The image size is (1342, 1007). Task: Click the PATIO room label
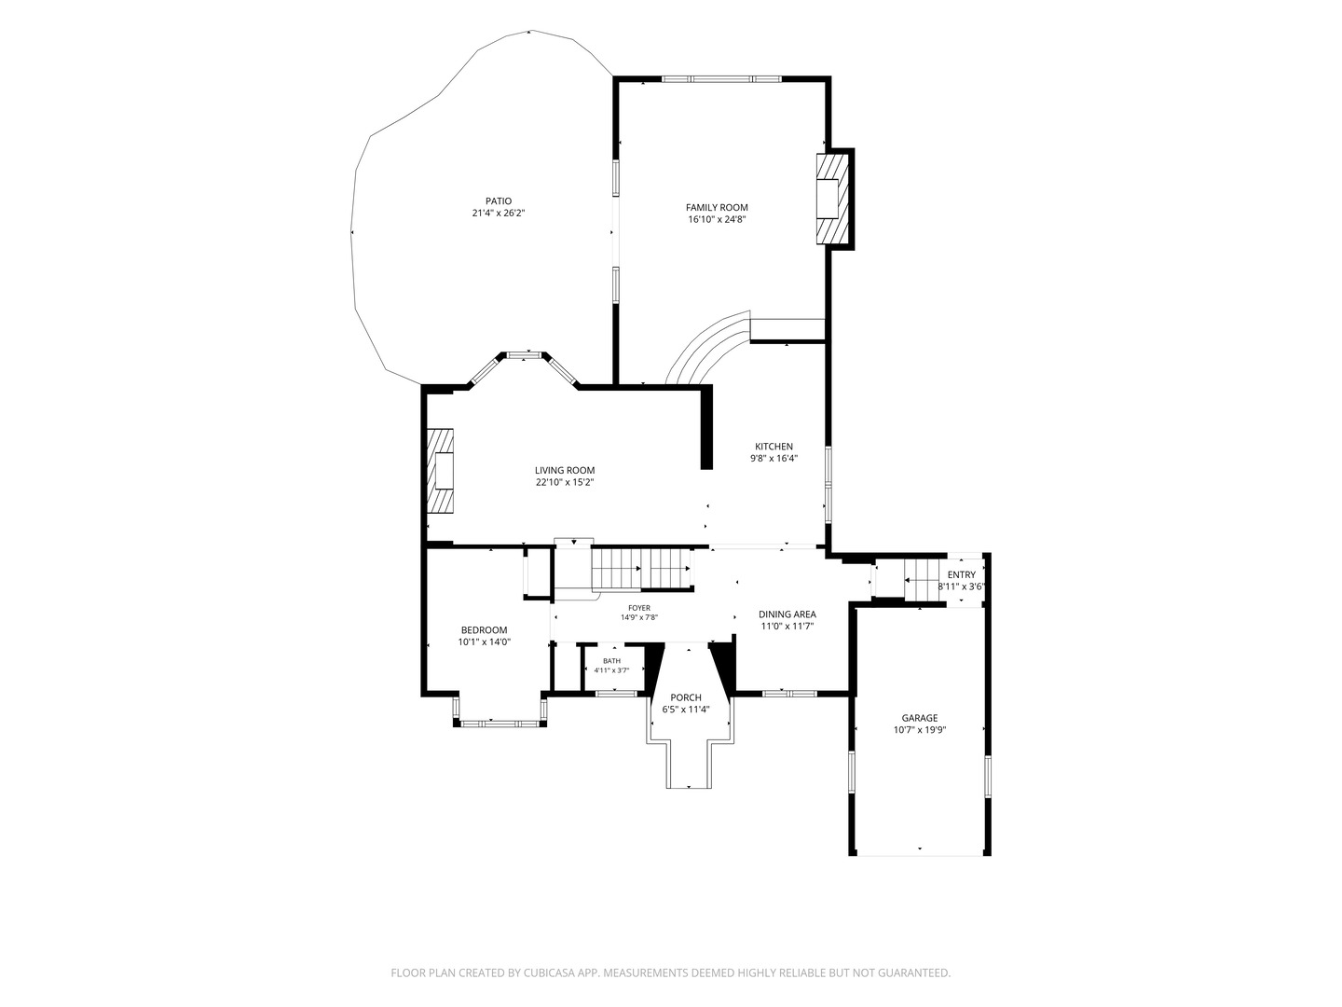pyautogui.click(x=499, y=201)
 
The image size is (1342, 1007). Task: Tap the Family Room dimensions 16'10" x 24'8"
pyautogui.click(x=717, y=219)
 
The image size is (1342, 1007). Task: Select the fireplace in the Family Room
pyautogui.click(x=833, y=199)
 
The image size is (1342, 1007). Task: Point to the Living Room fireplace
pyautogui.click(x=440, y=470)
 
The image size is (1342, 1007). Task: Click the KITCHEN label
pyautogui.click(x=774, y=447)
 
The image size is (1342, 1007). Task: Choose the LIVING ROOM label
pyautogui.click(x=565, y=470)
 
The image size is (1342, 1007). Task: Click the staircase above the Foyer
pyautogui.click(x=642, y=569)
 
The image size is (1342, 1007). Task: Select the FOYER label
pyautogui.click(x=639, y=608)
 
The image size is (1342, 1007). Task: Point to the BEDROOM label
pyautogui.click(x=484, y=629)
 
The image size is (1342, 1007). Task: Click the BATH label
pyautogui.click(x=611, y=660)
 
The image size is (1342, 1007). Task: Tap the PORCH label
pyautogui.click(x=685, y=697)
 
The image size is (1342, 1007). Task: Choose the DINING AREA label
pyautogui.click(x=787, y=614)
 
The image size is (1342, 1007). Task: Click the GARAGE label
pyautogui.click(x=919, y=718)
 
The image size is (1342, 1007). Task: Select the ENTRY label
pyautogui.click(x=961, y=574)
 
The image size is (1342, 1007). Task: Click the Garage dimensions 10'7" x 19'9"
pyautogui.click(x=920, y=729)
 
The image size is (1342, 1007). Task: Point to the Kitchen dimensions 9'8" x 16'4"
pyautogui.click(x=774, y=458)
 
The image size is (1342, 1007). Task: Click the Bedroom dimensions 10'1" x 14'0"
pyautogui.click(x=485, y=641)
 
